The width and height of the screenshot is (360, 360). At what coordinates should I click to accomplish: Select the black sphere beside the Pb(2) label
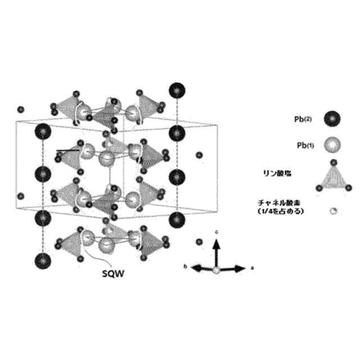[x=332, y=119]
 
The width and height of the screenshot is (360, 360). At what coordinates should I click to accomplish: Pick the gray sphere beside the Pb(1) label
[x=332, y=145]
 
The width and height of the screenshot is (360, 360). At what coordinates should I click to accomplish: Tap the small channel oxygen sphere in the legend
[x=332, y=211]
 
